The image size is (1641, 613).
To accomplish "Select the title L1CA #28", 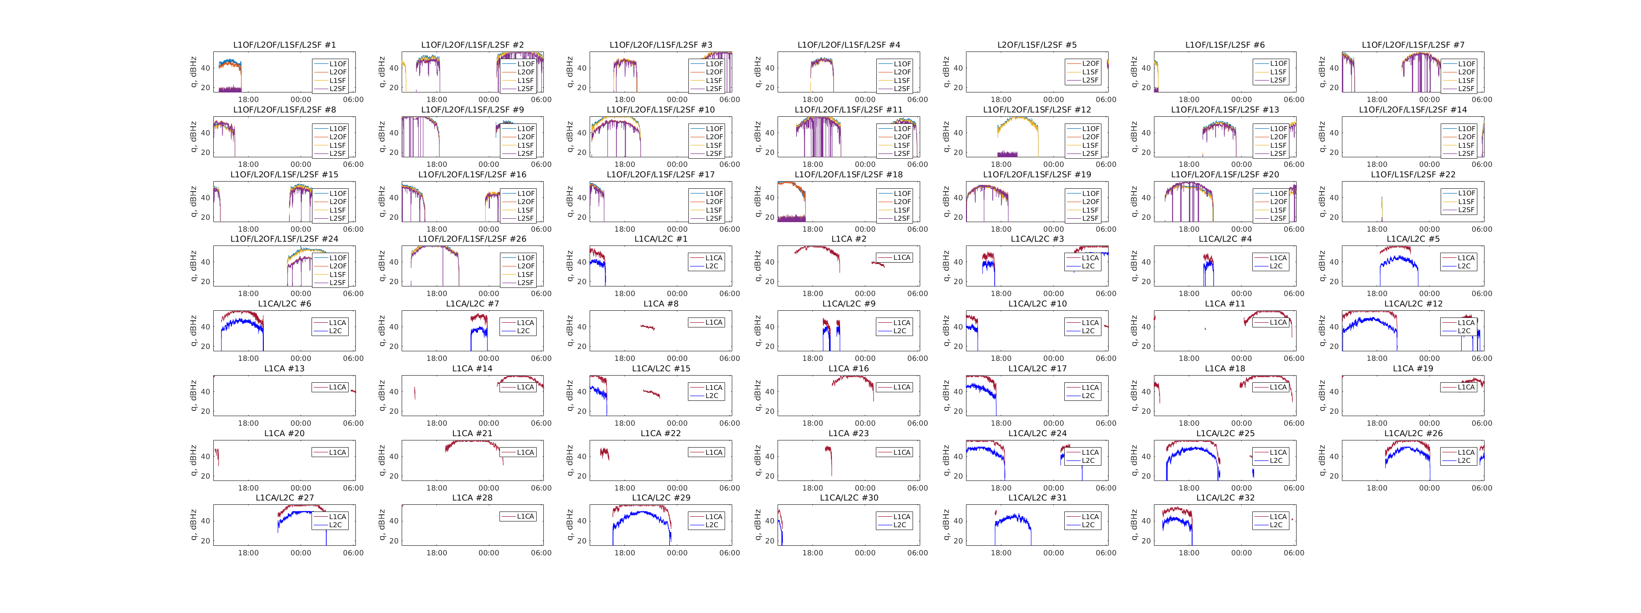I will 472,498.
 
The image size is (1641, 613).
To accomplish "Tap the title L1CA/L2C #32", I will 1225,498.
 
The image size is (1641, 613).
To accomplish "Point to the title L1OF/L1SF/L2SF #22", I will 1413,174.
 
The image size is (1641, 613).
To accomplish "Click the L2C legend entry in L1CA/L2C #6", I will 336,331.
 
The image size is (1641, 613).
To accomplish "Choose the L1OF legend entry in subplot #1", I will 338,64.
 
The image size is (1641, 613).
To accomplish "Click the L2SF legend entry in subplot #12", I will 1090,153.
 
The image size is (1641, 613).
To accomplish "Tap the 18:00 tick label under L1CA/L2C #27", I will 249,553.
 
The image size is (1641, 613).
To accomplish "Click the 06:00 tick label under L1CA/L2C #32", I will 1294,553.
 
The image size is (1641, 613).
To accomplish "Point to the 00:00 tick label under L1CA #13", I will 301,423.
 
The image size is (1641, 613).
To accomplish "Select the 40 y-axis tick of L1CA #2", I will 769,262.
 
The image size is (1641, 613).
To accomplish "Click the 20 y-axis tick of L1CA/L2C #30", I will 769,541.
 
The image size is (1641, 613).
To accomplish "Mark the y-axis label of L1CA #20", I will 194,460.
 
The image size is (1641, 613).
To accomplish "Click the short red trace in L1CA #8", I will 647,327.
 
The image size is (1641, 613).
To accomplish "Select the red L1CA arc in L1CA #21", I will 471,442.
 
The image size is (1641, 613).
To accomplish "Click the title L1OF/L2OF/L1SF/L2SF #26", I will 472,239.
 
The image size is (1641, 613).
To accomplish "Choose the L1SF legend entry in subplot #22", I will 1466,202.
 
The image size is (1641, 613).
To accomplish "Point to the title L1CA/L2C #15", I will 661,368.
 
